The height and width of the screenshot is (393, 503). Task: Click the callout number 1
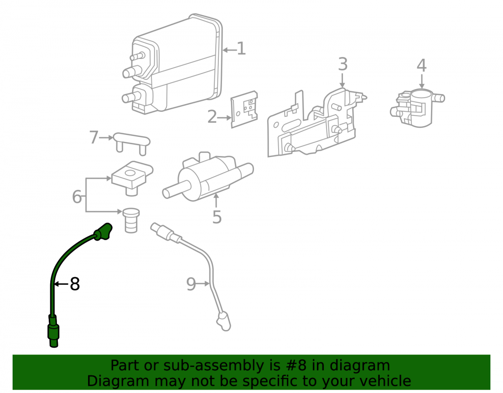[241, 49]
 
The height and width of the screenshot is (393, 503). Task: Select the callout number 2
[212, 117]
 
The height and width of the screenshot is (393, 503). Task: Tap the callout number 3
[343, 64]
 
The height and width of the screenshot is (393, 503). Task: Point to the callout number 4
[422, 65]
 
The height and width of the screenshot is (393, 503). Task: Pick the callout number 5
[217, 217]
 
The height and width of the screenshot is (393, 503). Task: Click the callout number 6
[77, 197]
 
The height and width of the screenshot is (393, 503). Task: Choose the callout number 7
[94, 137]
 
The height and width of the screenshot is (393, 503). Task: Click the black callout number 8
[75, 284]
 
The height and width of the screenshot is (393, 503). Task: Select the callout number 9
[191, 284]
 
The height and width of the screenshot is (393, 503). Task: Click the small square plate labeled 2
[244, 109]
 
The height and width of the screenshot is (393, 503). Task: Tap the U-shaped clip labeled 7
[132, 143]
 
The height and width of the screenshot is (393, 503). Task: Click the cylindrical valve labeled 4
[416, 108]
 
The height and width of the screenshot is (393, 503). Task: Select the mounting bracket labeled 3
[317, 123]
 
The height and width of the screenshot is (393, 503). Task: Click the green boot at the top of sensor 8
[103, 231]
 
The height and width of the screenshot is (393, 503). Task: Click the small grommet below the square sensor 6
[131, 220]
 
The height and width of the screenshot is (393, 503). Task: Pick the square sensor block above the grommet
[132, 178]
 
